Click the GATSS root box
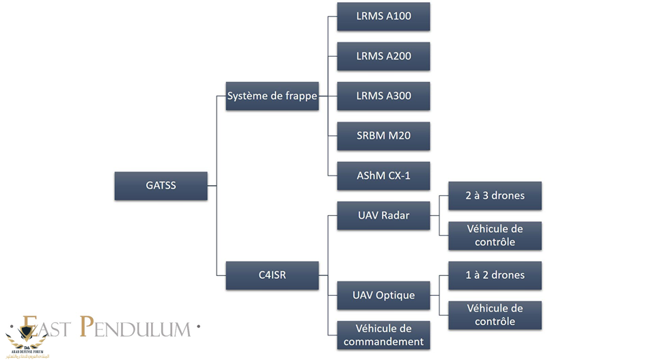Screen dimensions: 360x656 pos(161,185)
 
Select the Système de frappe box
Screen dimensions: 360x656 pos(272,96)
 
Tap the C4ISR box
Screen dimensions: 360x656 pos(272,275)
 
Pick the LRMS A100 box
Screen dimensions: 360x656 pos(383,16)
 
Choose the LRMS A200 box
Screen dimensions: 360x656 pos(383,56)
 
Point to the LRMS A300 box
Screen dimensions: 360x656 pos(383,96)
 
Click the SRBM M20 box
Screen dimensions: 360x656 pos(383,136)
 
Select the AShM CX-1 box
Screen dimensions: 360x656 pos(383,176)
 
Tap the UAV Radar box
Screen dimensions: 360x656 pos(383,215)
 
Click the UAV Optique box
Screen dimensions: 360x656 pos(383,295)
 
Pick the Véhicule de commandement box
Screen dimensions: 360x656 pos(383,335)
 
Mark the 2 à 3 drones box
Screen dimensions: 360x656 pos(495,195)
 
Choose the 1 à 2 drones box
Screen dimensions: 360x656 pos(495,275)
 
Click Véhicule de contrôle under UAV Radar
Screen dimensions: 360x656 pos(495,235)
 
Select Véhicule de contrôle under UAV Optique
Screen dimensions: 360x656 pos(495,315)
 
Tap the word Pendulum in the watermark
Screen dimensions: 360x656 pos(134,328)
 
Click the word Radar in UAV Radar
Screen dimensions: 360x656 pos(396,215)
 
